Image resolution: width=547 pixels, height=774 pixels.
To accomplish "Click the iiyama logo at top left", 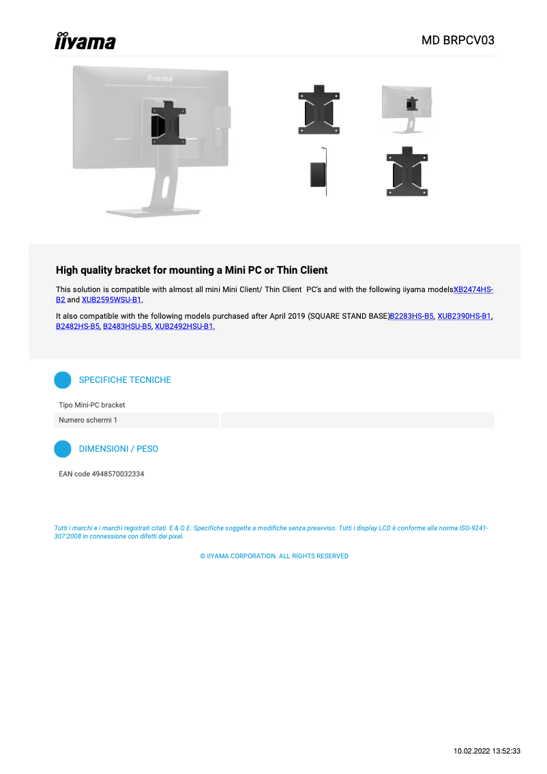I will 85,41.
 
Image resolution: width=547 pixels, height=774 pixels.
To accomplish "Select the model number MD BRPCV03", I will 458,40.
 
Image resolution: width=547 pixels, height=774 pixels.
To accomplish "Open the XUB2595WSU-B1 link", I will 112,300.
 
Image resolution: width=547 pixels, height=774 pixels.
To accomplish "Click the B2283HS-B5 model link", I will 411,316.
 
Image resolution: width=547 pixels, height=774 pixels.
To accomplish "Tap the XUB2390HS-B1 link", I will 464,316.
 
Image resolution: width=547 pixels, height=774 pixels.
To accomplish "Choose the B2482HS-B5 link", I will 77,326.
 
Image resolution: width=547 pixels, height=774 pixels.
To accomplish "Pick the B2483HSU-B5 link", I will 127,326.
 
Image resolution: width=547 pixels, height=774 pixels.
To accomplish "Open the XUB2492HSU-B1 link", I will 184,326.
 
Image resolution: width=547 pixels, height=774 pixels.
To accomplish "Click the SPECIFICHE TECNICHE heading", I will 125,379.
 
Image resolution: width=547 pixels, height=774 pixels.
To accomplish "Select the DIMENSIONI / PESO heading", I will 118,449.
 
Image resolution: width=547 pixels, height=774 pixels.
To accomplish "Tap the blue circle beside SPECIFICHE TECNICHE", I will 63,380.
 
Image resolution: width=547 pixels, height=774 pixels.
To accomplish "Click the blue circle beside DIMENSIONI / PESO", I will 63,449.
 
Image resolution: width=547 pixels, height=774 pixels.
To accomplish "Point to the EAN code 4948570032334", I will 101,474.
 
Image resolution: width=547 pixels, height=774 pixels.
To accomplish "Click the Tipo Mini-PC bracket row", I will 92,405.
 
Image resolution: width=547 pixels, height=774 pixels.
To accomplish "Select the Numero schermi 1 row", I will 88,420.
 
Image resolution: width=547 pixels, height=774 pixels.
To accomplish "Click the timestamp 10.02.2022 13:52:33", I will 487,751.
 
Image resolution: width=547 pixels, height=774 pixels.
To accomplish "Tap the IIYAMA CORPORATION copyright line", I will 274,556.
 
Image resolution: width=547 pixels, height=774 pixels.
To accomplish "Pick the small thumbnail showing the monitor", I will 406,109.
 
